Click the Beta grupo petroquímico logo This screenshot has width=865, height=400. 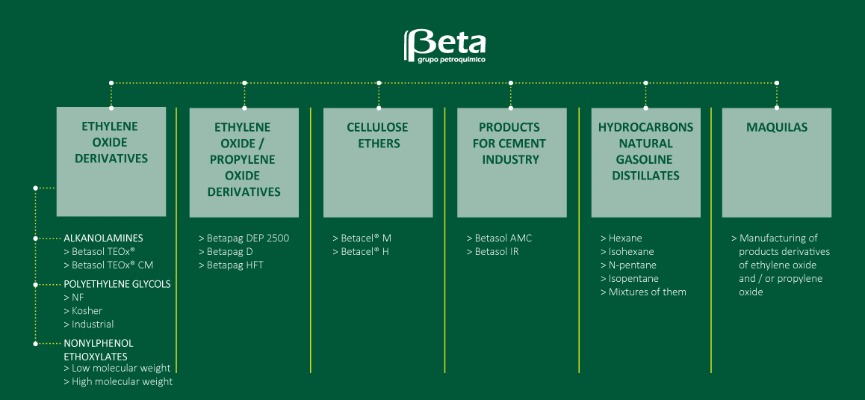coord(444,46)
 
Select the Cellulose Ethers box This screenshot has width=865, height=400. coord(377,162)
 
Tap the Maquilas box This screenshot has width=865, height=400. coord(776,162)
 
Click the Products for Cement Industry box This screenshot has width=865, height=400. coord(512,162)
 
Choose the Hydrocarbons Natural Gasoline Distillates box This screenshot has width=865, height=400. coord(645,162)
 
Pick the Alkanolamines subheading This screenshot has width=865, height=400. coord(104,238)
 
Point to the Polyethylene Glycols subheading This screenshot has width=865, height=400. coord(117,284)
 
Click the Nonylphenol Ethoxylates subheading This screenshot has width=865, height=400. coord(99,350)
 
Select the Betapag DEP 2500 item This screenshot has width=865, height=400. coord(244,238)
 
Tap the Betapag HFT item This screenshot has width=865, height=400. coord(231,265)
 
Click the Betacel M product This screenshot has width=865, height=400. coord(362,238)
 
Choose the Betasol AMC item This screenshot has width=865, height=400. coord(499,238)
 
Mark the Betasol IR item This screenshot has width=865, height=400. coord(492,252)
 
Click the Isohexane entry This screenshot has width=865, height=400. coord(627,252)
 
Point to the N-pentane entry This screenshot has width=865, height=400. coord(628,265)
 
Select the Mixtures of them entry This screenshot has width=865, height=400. coord(643,292)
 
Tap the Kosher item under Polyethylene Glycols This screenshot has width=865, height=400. coord(84,310)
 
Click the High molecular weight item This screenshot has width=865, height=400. coord(118,381)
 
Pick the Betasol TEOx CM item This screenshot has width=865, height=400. coord(108,265)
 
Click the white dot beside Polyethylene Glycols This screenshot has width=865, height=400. coord(35,285)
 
